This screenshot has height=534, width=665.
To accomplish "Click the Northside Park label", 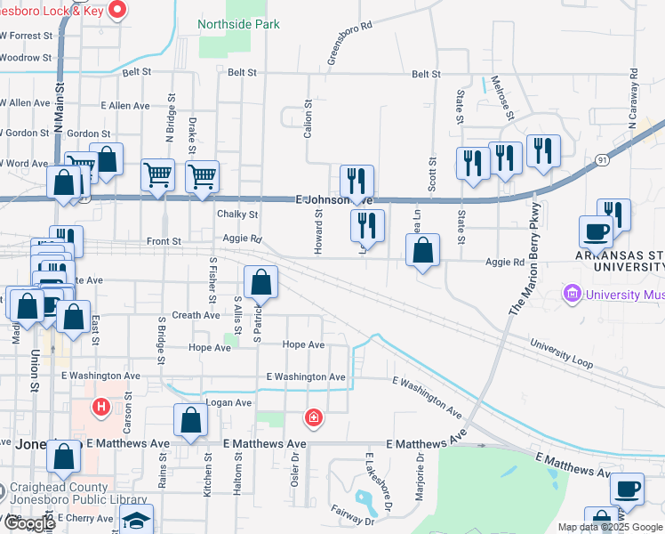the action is click(x=238, y=25).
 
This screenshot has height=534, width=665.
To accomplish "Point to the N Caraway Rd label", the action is click(x=635, y=96).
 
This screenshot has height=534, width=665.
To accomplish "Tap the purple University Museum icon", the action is click(x=571, y=293).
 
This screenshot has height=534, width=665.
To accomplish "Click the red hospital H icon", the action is click(x=101, y=407).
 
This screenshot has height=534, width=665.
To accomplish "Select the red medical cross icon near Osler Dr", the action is click(x=313, y=417).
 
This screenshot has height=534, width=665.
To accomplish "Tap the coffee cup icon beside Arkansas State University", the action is click(x=596, y=231).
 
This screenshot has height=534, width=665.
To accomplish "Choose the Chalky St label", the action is click(x=237, y=214).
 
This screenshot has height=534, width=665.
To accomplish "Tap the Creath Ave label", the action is click(x=196, y=315).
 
